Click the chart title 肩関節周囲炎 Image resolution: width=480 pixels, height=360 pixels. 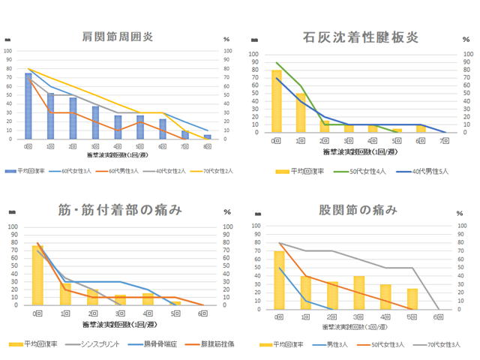(x=118, y=37)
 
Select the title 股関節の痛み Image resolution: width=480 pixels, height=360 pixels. (x=360, y=211)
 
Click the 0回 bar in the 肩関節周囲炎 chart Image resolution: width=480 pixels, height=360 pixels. (x=28, y=106)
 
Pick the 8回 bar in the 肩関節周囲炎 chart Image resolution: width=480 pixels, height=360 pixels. (x=207, y=136)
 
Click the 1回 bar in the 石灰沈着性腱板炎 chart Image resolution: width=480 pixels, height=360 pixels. (x=300, y=112)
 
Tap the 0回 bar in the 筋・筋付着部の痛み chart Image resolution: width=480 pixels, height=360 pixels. (x=37, y=274)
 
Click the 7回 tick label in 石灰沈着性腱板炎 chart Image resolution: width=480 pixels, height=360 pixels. (x=445, y=141)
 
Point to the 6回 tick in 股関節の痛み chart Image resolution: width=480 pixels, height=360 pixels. (x=437, y=316)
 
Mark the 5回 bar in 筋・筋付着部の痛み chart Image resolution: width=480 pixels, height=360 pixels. (x=176, y=302)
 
